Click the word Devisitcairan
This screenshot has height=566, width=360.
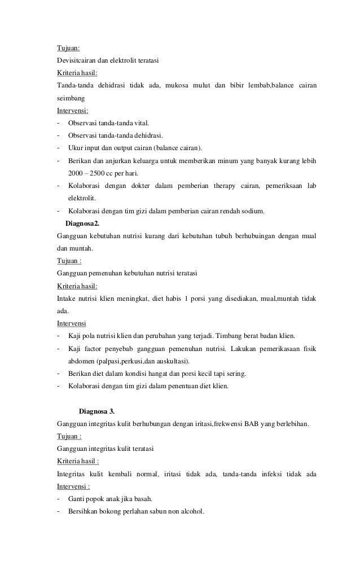click(x=76, y=60)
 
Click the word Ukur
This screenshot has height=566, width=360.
click(x=75, y=148)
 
